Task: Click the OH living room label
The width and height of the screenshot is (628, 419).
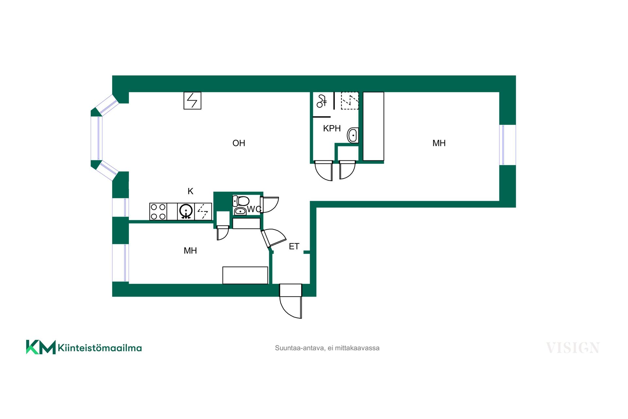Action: point(239,143)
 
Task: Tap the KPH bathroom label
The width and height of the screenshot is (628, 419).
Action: point(332,128)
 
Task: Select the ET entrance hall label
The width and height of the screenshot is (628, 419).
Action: point(294,246)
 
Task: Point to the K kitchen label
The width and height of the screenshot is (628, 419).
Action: point(190,191)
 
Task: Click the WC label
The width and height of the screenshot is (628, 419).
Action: point(254,209)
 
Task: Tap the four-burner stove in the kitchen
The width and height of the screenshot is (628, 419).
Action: point(158,211)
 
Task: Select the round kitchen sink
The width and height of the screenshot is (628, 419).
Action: point(186,211)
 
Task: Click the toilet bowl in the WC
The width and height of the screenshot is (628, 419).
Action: point(241,201)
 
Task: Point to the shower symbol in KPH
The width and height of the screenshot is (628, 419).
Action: point(322,101)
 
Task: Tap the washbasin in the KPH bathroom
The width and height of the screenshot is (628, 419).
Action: point(353,135)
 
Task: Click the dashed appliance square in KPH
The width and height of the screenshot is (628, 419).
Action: point(350,100)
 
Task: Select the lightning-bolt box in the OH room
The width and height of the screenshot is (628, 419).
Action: point(192,100)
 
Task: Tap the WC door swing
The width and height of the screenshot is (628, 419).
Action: point(270,205)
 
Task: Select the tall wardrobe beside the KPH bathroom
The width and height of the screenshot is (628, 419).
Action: point(374,126)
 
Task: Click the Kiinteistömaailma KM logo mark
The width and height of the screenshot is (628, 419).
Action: point(41,347)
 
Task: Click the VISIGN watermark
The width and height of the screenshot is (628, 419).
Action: point(573,348)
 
